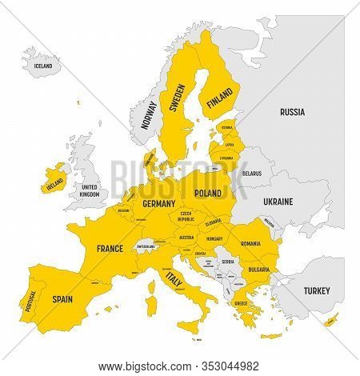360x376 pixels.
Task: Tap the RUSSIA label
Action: tap(291, 114)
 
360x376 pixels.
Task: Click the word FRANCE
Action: tap(110, 249)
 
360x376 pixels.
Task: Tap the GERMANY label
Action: tap(158, 204)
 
